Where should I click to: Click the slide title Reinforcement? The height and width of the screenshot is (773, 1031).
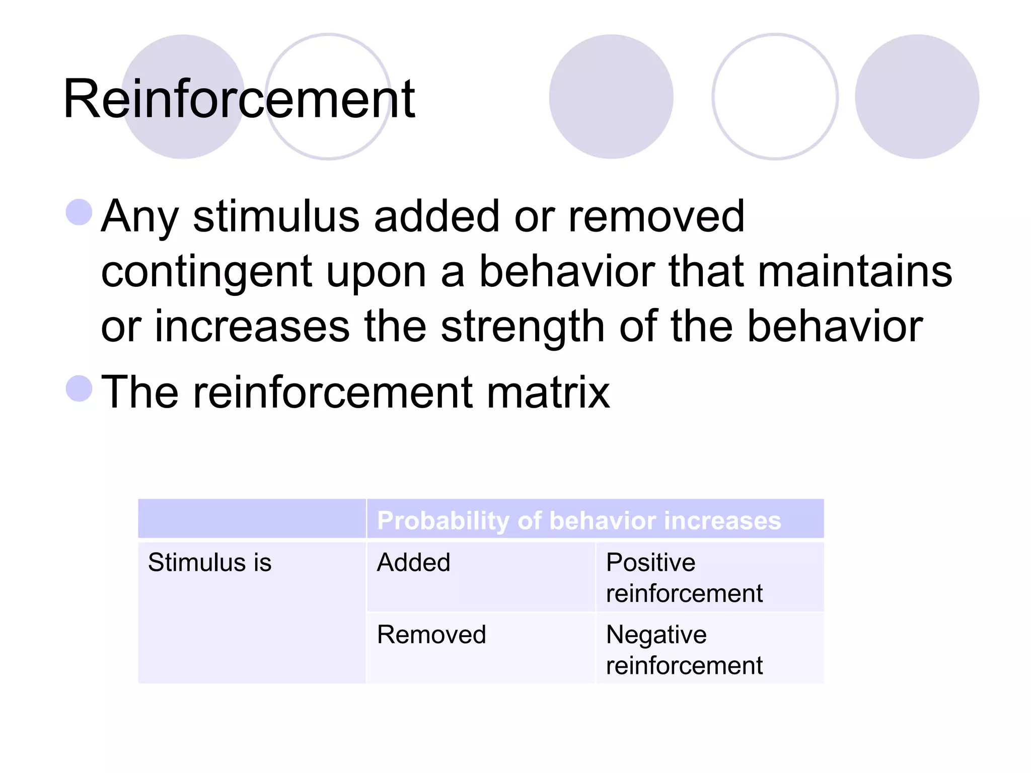(x=239, y=99)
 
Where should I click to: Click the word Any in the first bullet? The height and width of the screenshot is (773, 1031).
(x=140, y=217)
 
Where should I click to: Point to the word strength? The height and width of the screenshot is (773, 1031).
(x=523, y=327)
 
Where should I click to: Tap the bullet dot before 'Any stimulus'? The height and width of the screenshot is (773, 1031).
(x=79, y=212)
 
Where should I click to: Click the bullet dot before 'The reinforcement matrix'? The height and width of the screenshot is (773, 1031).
(x=79, y=389)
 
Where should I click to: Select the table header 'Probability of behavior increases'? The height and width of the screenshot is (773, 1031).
(x=579, y=520)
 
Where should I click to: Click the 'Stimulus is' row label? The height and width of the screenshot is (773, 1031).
(x=209, y=563)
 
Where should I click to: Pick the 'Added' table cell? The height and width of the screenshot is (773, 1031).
(x=413, y=563)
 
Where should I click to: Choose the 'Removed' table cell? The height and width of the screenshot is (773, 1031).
(x=431, y=635)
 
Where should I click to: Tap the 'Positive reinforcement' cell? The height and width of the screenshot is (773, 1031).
(x=684, y=578)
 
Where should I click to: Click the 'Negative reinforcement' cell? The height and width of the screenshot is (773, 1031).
(x=684, y=650)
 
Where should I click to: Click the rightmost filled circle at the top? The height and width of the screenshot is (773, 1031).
(x=917, y=97)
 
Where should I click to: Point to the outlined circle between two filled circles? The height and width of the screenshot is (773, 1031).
(x=775, y=97)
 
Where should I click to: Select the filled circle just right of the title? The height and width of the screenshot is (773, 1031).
(x=611, y=97)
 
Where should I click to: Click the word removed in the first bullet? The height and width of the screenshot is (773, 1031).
(x=656, y=217)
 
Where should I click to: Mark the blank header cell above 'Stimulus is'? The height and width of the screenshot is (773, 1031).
(x=252, y=519)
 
